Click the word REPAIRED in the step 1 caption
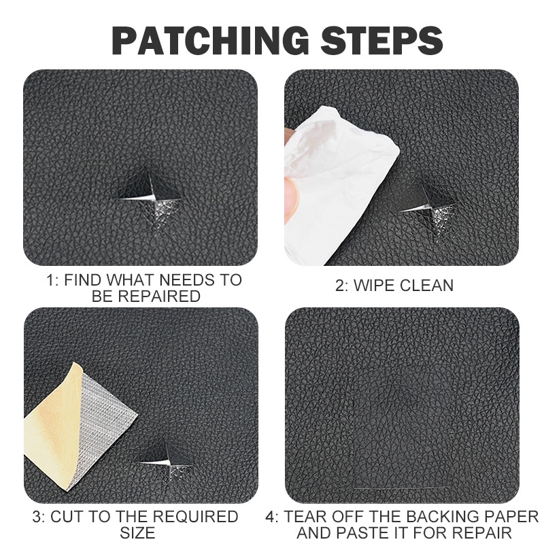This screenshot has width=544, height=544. pyautogui.click(x=159, y=296)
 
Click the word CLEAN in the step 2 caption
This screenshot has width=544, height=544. pyautogui.click(x=426, y=285)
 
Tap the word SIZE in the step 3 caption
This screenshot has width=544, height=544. pyautogui.click(x=137, y=533)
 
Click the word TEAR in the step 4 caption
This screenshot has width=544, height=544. pyautogui.click(x=305, y=517)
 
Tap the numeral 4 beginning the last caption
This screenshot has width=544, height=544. pyautogui.click(x=271, y=517)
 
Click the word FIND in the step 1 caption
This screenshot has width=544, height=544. pyautogui.click(x=82, y=279)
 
